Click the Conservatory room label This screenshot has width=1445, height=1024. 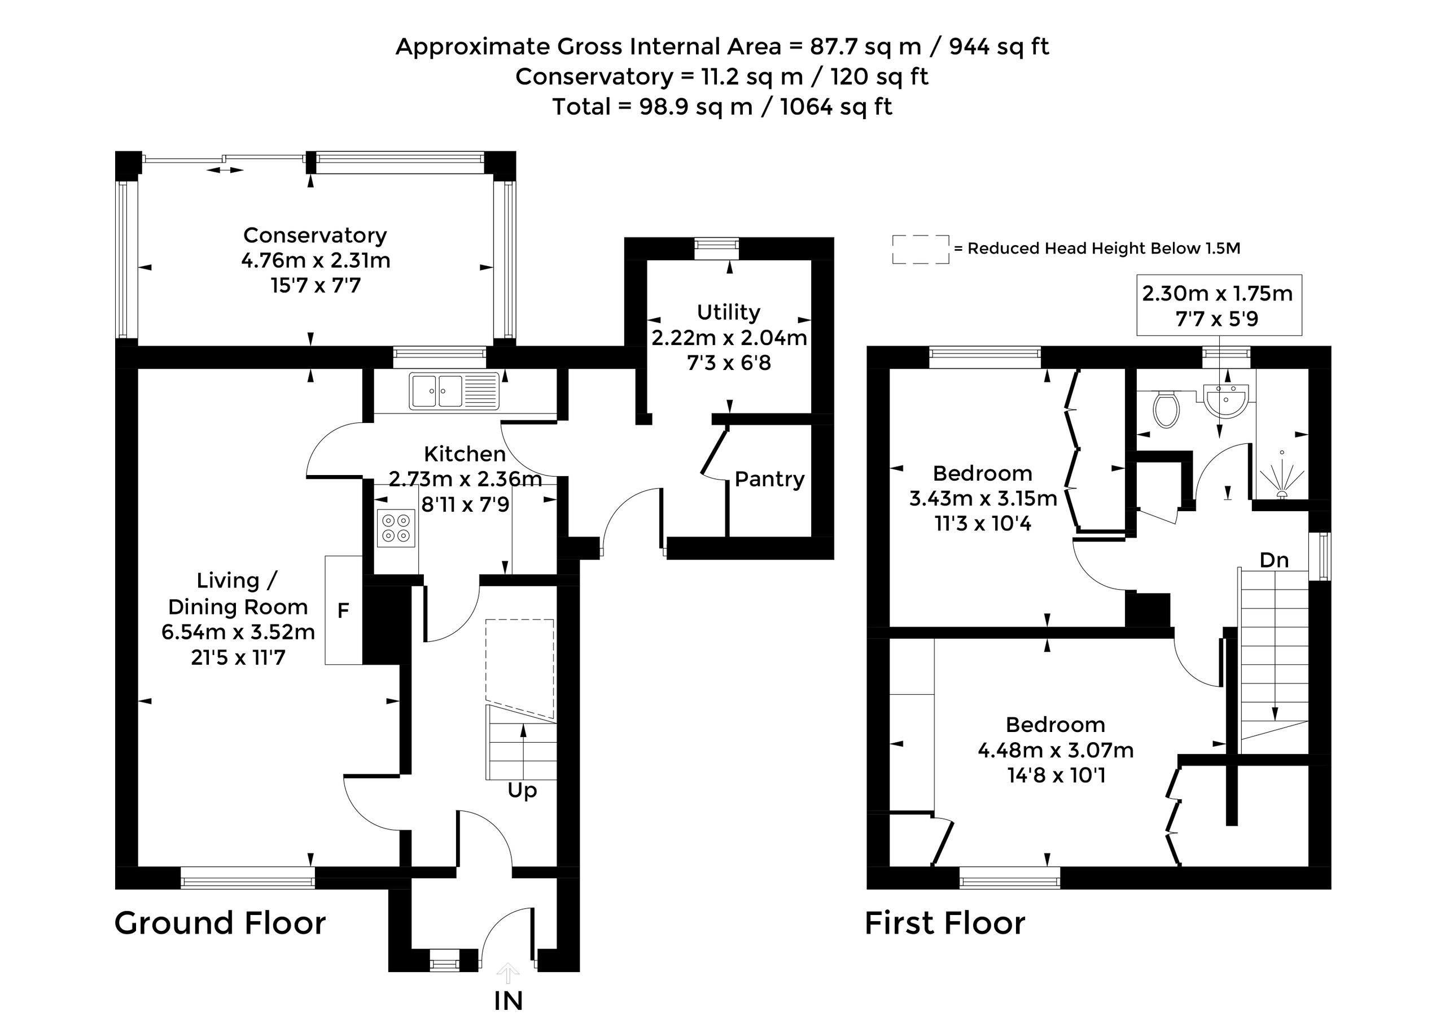pyautogui.click(x=315, y=235)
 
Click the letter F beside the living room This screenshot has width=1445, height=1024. pyautogui.click(x=343, y=611)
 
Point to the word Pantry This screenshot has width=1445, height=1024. pyautogui.click(x=769, y=479)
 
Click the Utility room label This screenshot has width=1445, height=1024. pyautogui.click(x=729, y=312)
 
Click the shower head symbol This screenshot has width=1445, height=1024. pyautogui.click(x=1281, y=479)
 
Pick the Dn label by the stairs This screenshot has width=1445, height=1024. pyautogui.click(x=1273, y=560)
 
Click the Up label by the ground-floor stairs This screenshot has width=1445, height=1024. pyautogui.click(x=523, y=791)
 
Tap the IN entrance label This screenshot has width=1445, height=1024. pyautogui.click(x=509, y=1001)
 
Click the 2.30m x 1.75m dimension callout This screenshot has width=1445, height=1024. pyautogui.click(x=1218, y=305)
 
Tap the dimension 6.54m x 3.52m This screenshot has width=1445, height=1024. pyautogui.click(x=238, y=632)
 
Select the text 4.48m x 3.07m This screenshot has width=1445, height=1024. pyautogui.click(x=1056, y=750)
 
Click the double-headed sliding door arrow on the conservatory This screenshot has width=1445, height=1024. pyautogui.click(x=225, y=170)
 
